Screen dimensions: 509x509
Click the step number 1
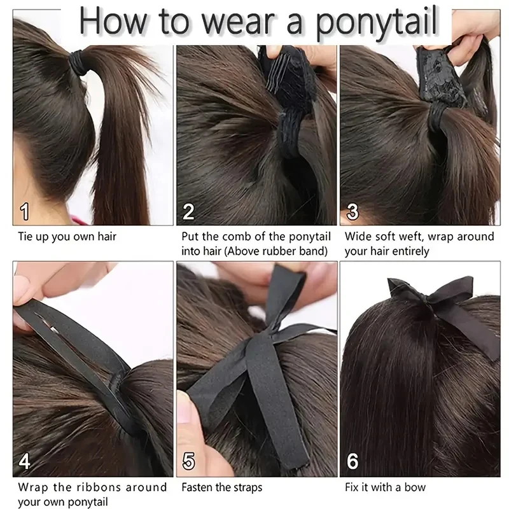[x=25, y=211]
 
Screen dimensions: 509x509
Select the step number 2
[x=189, y=211]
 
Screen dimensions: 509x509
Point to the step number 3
[x=352, y=211]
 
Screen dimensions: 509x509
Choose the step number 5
[x=189, y=461]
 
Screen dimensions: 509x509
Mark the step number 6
[x=352, y=461]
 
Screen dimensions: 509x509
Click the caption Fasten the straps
[x=221, y=488]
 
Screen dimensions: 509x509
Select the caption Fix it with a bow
[x=385, y=488]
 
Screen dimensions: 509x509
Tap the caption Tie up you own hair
[x=67, y=237]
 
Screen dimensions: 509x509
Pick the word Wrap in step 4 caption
[x=34, y=487]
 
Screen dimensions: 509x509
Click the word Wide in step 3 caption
[x=358, y=237]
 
